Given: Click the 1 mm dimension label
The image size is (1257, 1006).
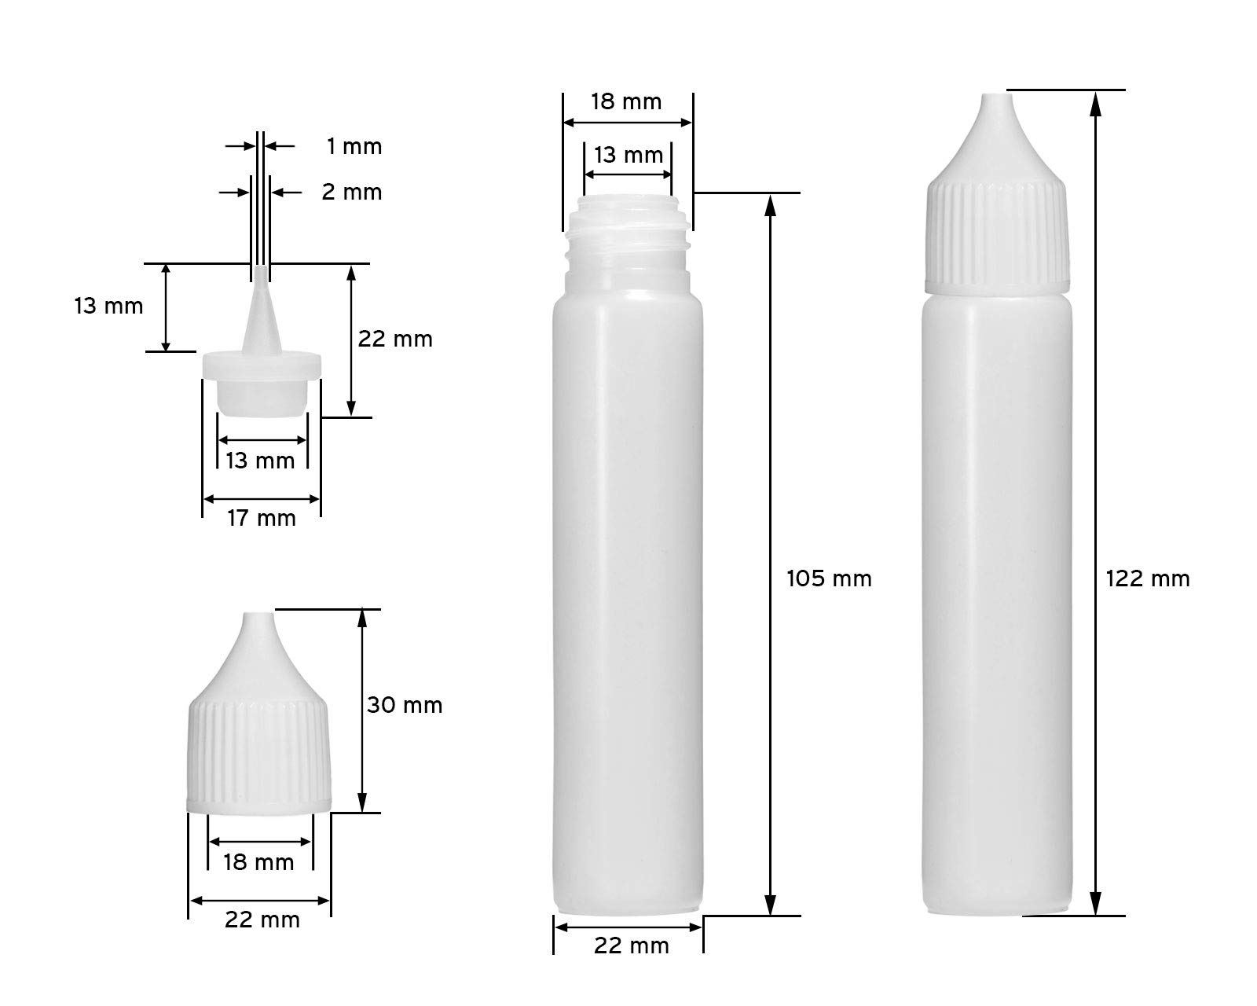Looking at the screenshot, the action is [354, 146].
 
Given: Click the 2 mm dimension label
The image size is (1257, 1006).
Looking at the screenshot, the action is [352, 192].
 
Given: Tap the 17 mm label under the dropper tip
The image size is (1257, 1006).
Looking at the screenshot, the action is [261, 518].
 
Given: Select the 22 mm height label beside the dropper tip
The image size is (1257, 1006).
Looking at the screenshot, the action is [395, 339].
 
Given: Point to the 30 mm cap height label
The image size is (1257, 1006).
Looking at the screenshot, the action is [404, 705].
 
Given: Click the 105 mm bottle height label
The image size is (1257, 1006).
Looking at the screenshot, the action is [829, 578].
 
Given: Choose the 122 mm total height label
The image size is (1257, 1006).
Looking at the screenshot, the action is [1148, 578].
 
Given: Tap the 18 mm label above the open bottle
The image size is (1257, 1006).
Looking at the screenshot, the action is [626, 101].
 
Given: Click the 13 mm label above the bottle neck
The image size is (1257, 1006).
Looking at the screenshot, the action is [628, 155].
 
